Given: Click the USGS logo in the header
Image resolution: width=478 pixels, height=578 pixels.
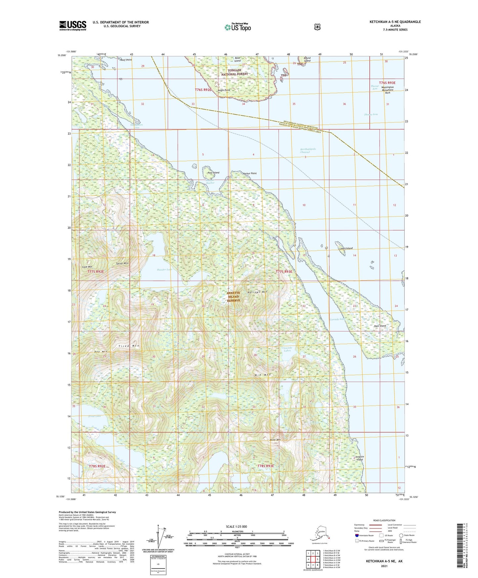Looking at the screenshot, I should coord(73,25).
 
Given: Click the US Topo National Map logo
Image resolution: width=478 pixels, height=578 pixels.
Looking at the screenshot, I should coord(237,27).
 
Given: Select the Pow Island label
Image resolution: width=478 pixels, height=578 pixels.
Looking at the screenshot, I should coord(213,173).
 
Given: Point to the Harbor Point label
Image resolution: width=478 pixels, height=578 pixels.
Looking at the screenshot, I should coord(249,173).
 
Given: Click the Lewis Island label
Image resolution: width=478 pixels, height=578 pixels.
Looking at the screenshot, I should coord(346,248).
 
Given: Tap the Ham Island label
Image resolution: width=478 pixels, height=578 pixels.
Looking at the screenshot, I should coord(380,326).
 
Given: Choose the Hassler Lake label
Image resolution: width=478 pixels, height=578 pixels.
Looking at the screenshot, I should coord(164,269).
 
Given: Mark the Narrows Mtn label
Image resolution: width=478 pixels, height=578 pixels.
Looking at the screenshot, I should coord(257,292).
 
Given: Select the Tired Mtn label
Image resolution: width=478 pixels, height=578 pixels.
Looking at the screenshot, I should coord(129,346).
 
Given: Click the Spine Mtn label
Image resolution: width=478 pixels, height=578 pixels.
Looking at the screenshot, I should coord(122,264).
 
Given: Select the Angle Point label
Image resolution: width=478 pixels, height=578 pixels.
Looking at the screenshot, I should coord(224,90).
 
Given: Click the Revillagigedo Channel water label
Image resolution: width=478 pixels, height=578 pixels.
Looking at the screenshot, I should coord(308,151).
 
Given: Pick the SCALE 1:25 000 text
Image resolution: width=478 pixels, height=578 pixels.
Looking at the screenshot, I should coord(236,526).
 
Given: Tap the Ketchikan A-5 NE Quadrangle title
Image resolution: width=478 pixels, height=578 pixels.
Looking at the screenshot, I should coord(395,22).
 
